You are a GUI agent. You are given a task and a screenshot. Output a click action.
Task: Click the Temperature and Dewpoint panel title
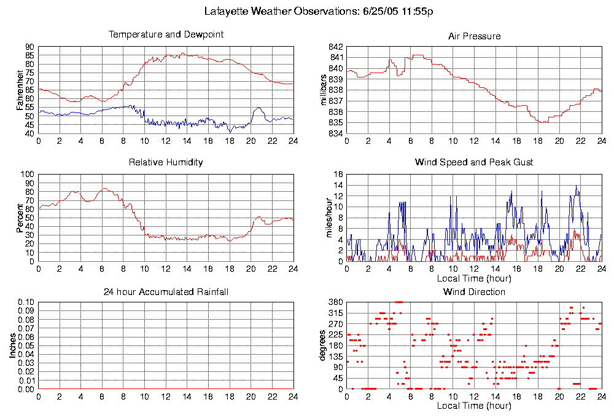pos(166,34)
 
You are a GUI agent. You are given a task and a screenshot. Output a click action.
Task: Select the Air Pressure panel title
pos(474,36)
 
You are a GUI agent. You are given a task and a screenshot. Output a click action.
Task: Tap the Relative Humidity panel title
pos(166,162)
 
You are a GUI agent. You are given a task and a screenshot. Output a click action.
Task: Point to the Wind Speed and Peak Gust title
pos(474,162)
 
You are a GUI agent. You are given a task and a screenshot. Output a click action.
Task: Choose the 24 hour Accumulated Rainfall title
pos(166,291)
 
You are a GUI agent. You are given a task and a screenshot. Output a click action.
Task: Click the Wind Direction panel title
pos(474,291)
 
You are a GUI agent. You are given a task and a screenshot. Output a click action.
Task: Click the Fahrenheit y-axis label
pos(20,90)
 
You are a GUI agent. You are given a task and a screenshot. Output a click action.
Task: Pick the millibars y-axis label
pos(324,90)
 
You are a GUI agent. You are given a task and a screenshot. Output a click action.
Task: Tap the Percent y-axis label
pos(20,218)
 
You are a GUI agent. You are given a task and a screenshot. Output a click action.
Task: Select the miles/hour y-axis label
pos(324,218)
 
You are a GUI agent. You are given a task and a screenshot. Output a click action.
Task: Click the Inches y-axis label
pos(12,346)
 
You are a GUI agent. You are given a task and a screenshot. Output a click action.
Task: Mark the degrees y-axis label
pos(324,346)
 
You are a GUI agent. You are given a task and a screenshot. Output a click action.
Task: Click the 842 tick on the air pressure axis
pos(335,47)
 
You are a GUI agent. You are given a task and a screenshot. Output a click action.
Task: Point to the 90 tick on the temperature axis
pos(29,47)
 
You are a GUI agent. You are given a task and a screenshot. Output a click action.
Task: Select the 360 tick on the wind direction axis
pos(335,302)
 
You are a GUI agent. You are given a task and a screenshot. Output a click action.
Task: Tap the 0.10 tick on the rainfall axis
pos(26,302)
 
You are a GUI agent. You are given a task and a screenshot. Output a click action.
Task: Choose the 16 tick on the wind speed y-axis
pos(338,175)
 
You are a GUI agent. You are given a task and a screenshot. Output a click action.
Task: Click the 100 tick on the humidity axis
pos(27,175)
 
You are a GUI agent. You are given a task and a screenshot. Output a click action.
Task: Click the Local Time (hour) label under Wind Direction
pos(474,406)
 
